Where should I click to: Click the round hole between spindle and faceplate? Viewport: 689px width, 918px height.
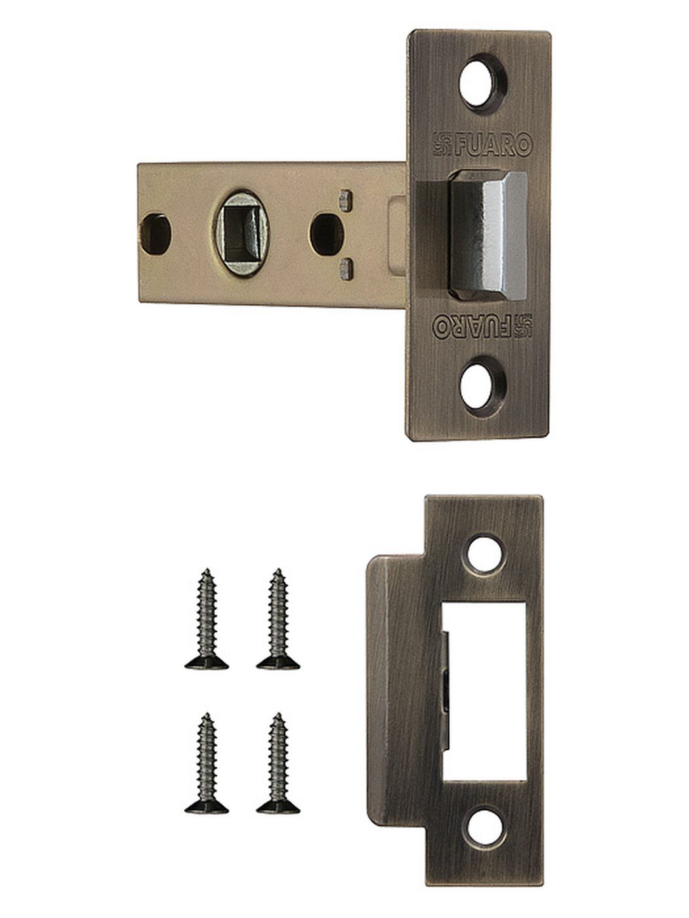tap(326, 234)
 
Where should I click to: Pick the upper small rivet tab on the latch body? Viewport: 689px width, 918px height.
tap(346, 201)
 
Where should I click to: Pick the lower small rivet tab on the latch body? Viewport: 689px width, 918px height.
tap(346, 268)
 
